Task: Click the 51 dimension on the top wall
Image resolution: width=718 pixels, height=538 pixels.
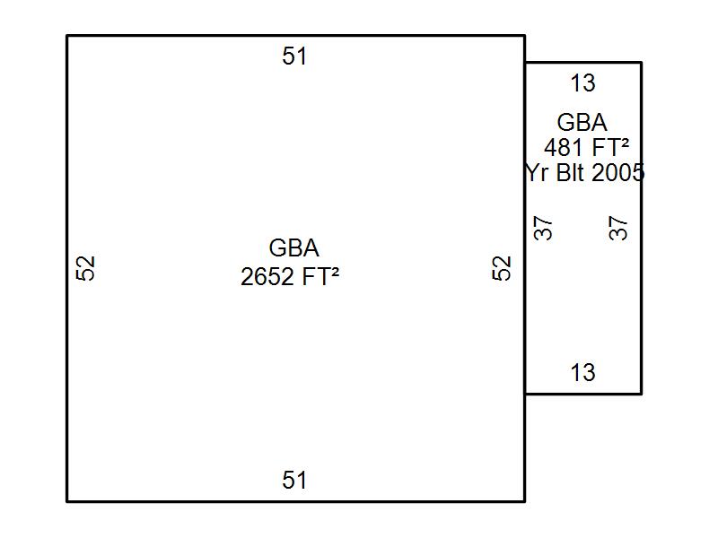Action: point(294,56)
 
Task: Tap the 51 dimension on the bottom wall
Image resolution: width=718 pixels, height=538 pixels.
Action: point(294,481)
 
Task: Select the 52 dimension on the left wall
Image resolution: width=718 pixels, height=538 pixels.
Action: point(85,268)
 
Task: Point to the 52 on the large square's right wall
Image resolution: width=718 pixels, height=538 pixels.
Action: point(502,268)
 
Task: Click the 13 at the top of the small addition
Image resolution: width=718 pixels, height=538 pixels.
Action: point(582,83)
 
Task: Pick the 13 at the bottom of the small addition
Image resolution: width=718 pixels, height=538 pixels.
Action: point(582,372)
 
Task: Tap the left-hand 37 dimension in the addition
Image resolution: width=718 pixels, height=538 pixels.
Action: point(544,229)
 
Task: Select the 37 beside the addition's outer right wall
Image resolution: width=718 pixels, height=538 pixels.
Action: point(619,228)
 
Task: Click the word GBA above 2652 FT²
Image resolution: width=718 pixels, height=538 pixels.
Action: point(293,248)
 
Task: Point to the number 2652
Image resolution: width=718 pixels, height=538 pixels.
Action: point(267,277)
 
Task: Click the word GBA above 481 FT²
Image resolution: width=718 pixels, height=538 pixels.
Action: point(582,123)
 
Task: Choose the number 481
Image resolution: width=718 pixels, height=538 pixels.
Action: point(563,147)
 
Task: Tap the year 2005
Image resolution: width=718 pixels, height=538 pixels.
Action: point(618,173)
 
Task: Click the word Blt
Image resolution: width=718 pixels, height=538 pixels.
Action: point(571,173)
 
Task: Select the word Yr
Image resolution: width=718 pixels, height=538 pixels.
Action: point(537,173)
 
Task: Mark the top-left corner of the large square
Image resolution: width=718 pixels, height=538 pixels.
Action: point(67,36)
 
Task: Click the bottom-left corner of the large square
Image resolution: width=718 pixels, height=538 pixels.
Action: point(67,500)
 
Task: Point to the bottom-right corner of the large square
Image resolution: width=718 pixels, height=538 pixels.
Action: point(524,500)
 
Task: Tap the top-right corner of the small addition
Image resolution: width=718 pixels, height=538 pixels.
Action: point(641,63)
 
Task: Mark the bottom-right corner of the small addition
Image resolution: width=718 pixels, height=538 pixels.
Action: point(641,393)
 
